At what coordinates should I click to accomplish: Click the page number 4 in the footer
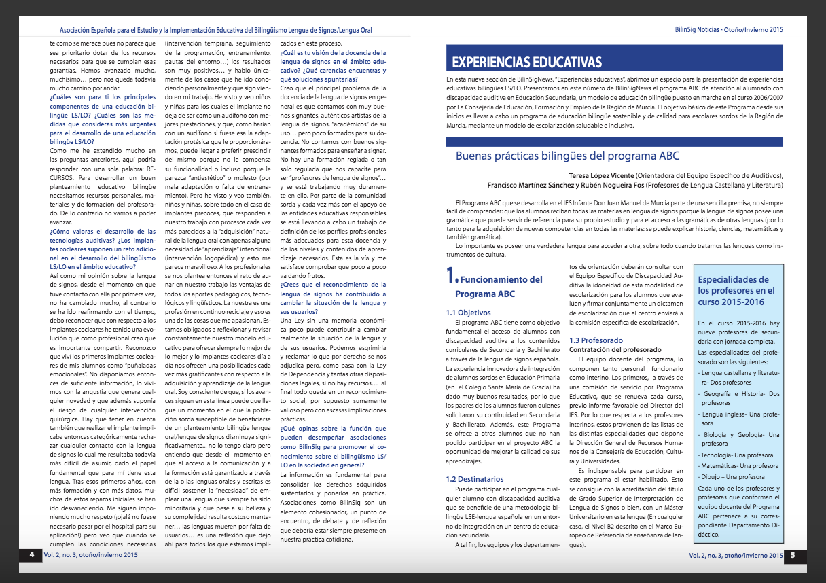tap(31, 555)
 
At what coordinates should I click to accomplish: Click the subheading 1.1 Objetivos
tap(469, 313)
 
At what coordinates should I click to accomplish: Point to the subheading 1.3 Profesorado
tap(597, 340)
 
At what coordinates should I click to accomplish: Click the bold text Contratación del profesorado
tap(615, 349)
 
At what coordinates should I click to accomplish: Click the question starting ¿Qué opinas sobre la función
tap(333, 429)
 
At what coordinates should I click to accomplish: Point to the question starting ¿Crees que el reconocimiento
tap(333, 285)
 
